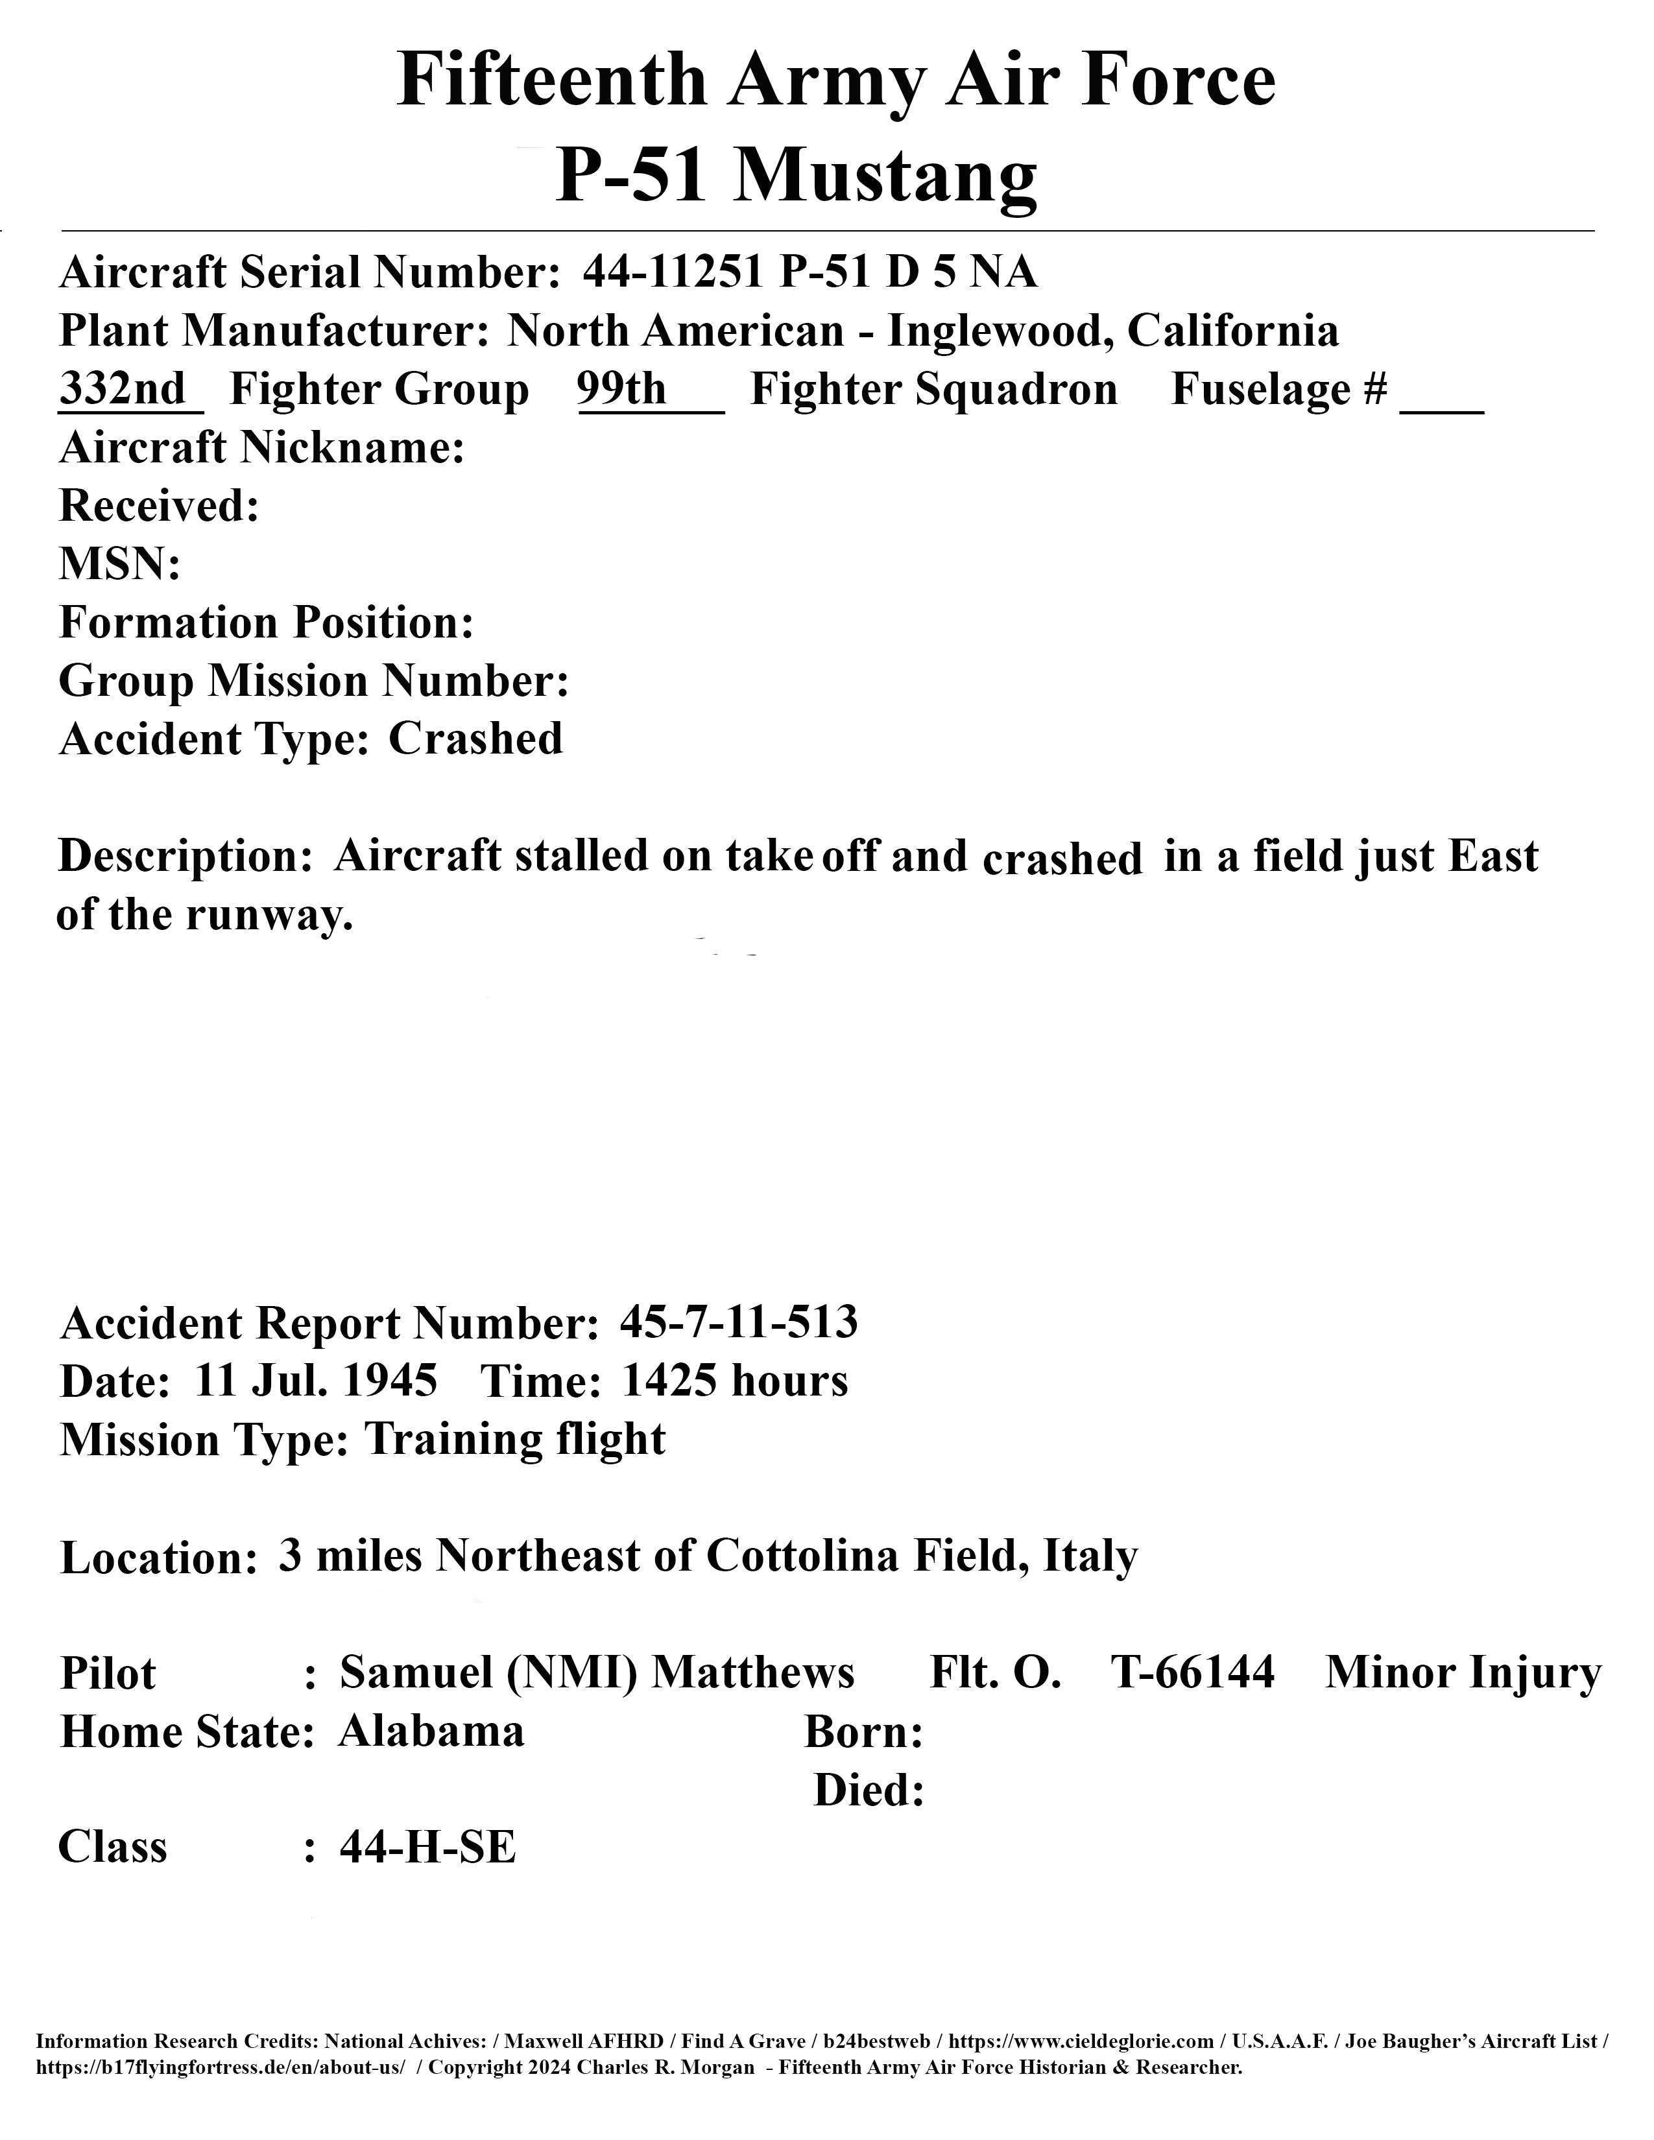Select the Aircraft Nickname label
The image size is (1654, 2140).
[x=261, y=448]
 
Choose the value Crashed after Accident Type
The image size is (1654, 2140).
[x=475, y=739]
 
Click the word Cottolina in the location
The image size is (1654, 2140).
[x=802, y=1556]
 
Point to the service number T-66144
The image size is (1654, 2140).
[x=1192, y=1672]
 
